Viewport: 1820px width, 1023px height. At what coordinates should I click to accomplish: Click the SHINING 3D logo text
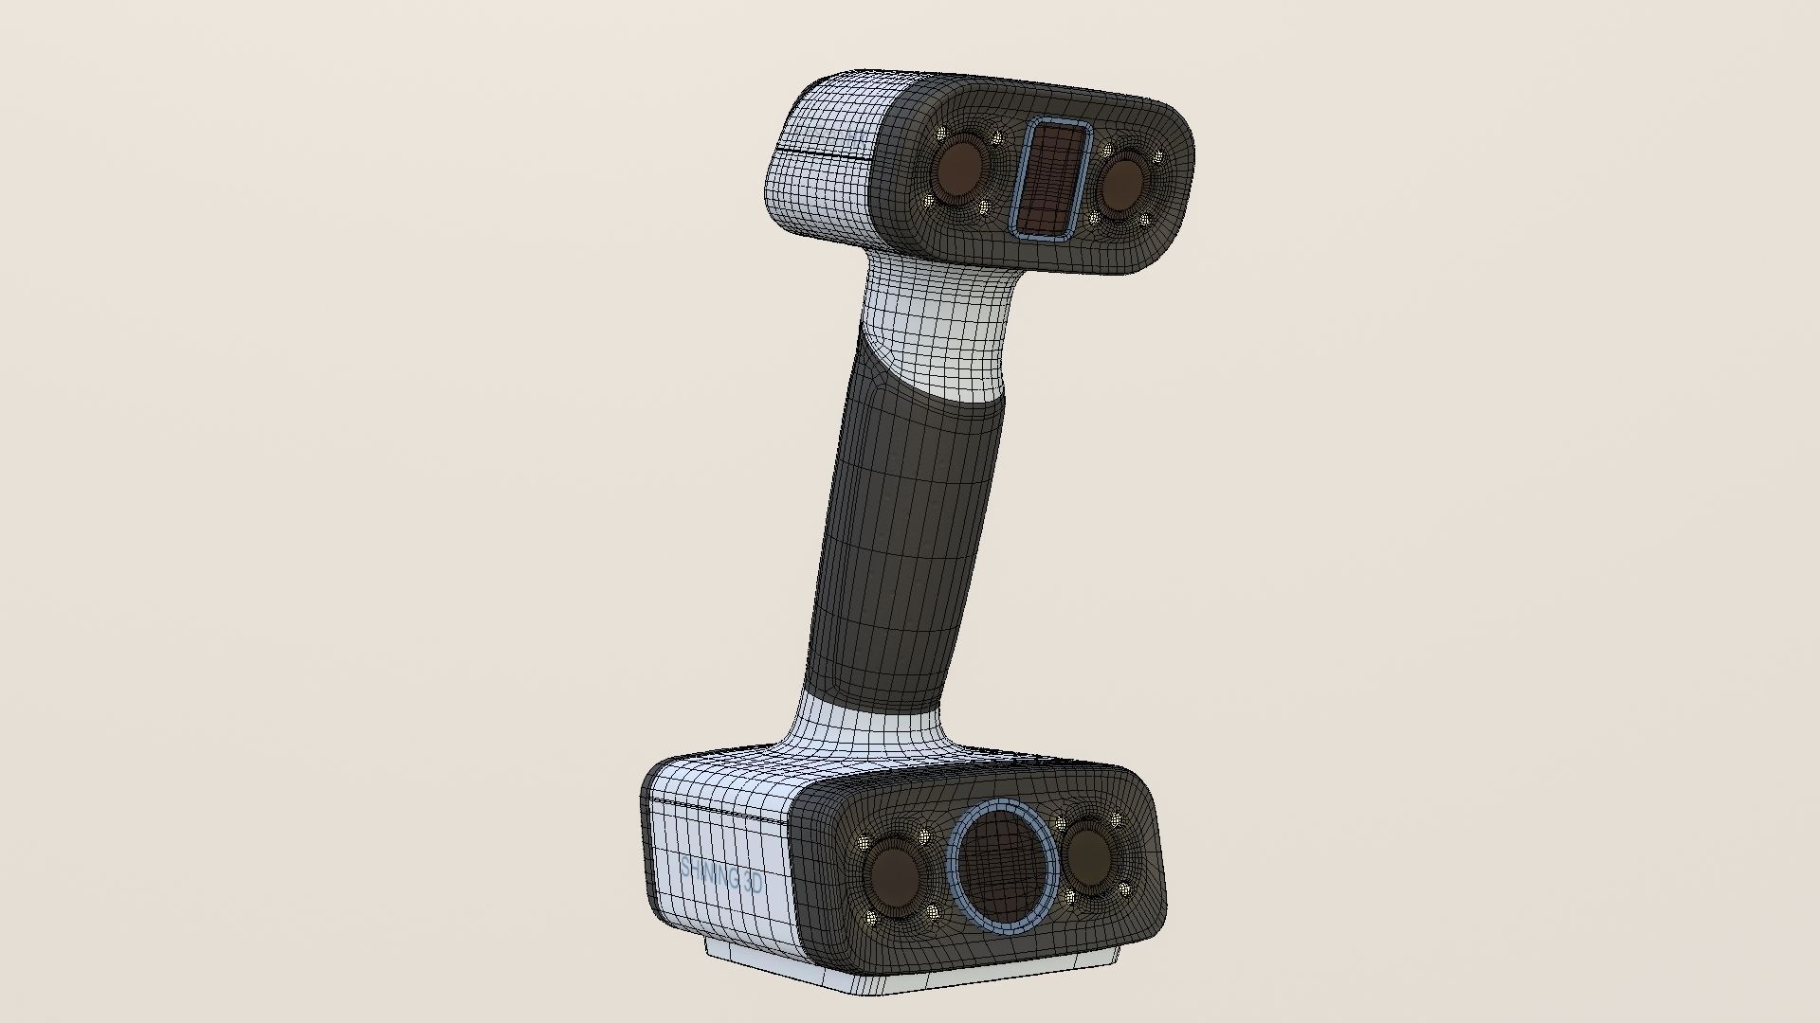(721, 876)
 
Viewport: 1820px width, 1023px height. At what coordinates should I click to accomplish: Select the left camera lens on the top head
(960, 168)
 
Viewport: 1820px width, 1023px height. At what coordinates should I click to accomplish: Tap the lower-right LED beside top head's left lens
(983, 206)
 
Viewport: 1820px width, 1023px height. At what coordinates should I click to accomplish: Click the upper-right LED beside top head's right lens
(1157, 157)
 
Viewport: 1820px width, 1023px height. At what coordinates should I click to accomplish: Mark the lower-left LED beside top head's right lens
(1096, 219)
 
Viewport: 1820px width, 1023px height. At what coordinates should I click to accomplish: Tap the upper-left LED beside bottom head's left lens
(864, 840)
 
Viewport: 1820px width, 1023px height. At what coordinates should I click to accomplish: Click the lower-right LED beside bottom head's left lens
(932, 912)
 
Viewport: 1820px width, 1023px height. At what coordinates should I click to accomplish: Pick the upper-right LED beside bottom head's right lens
(1116, 817)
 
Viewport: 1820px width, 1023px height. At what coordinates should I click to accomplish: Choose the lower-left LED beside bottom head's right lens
(1070, 896)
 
